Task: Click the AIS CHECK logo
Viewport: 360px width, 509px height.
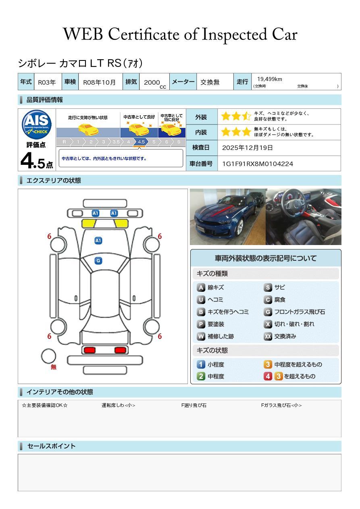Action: tap(37, 125)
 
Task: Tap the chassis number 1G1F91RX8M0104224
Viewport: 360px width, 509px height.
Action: tap(258, 164)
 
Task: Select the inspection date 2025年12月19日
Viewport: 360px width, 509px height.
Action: tap(248, 148)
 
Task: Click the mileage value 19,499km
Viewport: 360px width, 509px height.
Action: tap(270, 79)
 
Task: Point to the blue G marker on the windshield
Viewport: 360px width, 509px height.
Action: tap(98, 261)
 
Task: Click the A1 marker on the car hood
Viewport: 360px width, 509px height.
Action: tap(98, 241)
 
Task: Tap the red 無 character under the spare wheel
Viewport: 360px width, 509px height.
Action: tap(54, 367)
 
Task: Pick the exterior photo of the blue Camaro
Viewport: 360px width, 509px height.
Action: tap(228, 217)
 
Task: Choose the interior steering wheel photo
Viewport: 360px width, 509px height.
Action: tap(303, 217)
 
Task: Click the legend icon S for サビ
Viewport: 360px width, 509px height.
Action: tap(268, 287)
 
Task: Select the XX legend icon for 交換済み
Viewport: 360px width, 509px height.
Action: tap(268, 336)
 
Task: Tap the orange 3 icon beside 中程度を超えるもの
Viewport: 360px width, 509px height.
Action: tap(268, 364)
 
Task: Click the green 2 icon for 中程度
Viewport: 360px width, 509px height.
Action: tap(201, 376)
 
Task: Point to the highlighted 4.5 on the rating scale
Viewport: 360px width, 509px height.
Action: tap(141, 142)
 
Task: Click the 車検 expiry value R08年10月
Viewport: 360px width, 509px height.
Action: tap(99, 82)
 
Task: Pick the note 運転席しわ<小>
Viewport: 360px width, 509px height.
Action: tap(118, 405)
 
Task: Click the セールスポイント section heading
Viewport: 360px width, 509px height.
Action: tap(51, 446)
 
